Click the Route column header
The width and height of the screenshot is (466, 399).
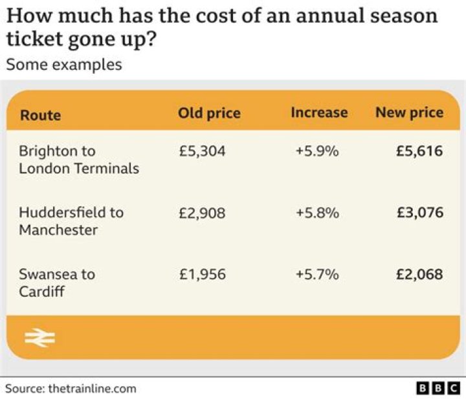click(40, 115)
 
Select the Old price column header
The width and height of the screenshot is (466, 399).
click(209, 113)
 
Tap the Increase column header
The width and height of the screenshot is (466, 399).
click(319, 113)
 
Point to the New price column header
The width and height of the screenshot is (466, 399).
click(409, 113)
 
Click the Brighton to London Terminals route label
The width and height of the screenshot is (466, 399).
click(78, 160)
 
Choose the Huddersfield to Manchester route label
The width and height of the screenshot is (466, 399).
click(71, 221)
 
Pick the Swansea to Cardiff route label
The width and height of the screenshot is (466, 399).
click(56, 283)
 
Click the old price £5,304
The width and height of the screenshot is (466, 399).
click(202, 151)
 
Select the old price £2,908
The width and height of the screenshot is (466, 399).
click(202, 213)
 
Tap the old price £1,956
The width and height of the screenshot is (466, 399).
click(202, 274)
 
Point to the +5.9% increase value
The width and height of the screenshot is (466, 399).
click(317, 151)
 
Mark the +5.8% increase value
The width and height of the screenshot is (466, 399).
click(317, 213)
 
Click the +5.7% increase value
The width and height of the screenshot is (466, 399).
click(317, 274)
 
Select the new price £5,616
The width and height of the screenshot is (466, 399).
click(419, 151)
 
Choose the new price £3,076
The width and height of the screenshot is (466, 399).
click(419, 213)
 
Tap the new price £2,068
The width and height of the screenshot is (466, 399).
click(419, 274)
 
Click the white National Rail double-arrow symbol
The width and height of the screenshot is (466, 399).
click(39, 338)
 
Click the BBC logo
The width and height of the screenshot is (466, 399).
click(438, 388)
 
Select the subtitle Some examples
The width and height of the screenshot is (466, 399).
click(63, 65)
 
